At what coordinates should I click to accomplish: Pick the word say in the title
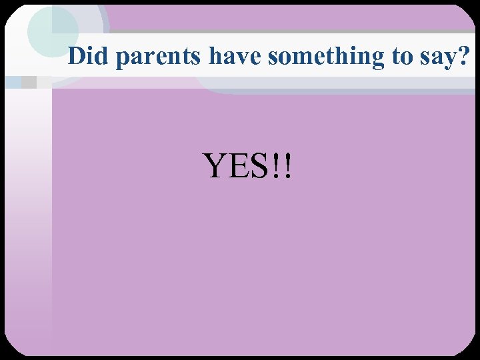(438, 58)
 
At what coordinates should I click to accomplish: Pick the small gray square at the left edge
(29, 83)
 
